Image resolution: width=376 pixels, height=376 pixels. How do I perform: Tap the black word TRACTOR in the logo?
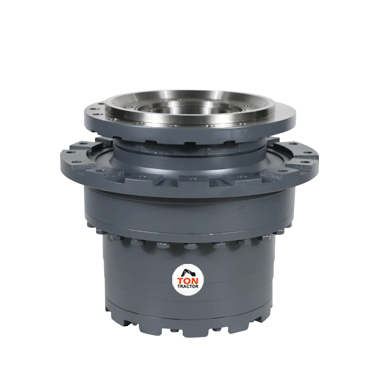pos(188,286)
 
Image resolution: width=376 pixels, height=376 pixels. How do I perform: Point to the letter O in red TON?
pos(188,280)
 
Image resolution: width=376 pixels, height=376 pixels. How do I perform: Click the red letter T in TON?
pos(181,280)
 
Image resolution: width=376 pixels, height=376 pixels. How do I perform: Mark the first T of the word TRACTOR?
pos(179,286)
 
